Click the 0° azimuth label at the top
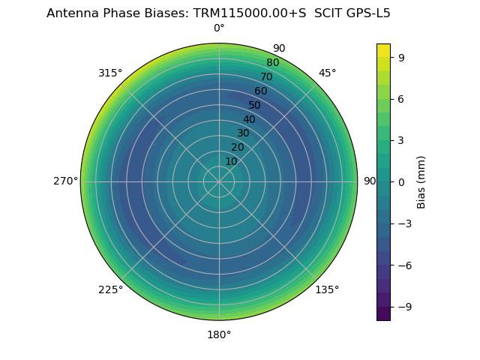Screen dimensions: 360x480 (219, 28)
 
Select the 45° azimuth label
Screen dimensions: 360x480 (327, 73)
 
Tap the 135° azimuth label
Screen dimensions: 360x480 (327, 289)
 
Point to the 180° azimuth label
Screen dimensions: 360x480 (219, 334)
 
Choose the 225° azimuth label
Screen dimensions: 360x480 (110, 289)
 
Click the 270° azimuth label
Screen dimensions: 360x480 (65, 181)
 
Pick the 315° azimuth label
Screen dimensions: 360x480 (110, 73)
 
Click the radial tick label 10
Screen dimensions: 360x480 (231, 161)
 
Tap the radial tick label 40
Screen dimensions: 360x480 (249, 119)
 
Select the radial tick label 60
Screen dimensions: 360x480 (260, 91)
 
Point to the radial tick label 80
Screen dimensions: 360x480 (272, 63)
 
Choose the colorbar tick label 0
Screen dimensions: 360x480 (401, 181)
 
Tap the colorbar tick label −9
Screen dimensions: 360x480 (404, 307)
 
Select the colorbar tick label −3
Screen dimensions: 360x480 (404, 223)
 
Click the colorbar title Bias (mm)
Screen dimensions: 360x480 (421, 181)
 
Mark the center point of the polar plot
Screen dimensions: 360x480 (219, 181)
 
